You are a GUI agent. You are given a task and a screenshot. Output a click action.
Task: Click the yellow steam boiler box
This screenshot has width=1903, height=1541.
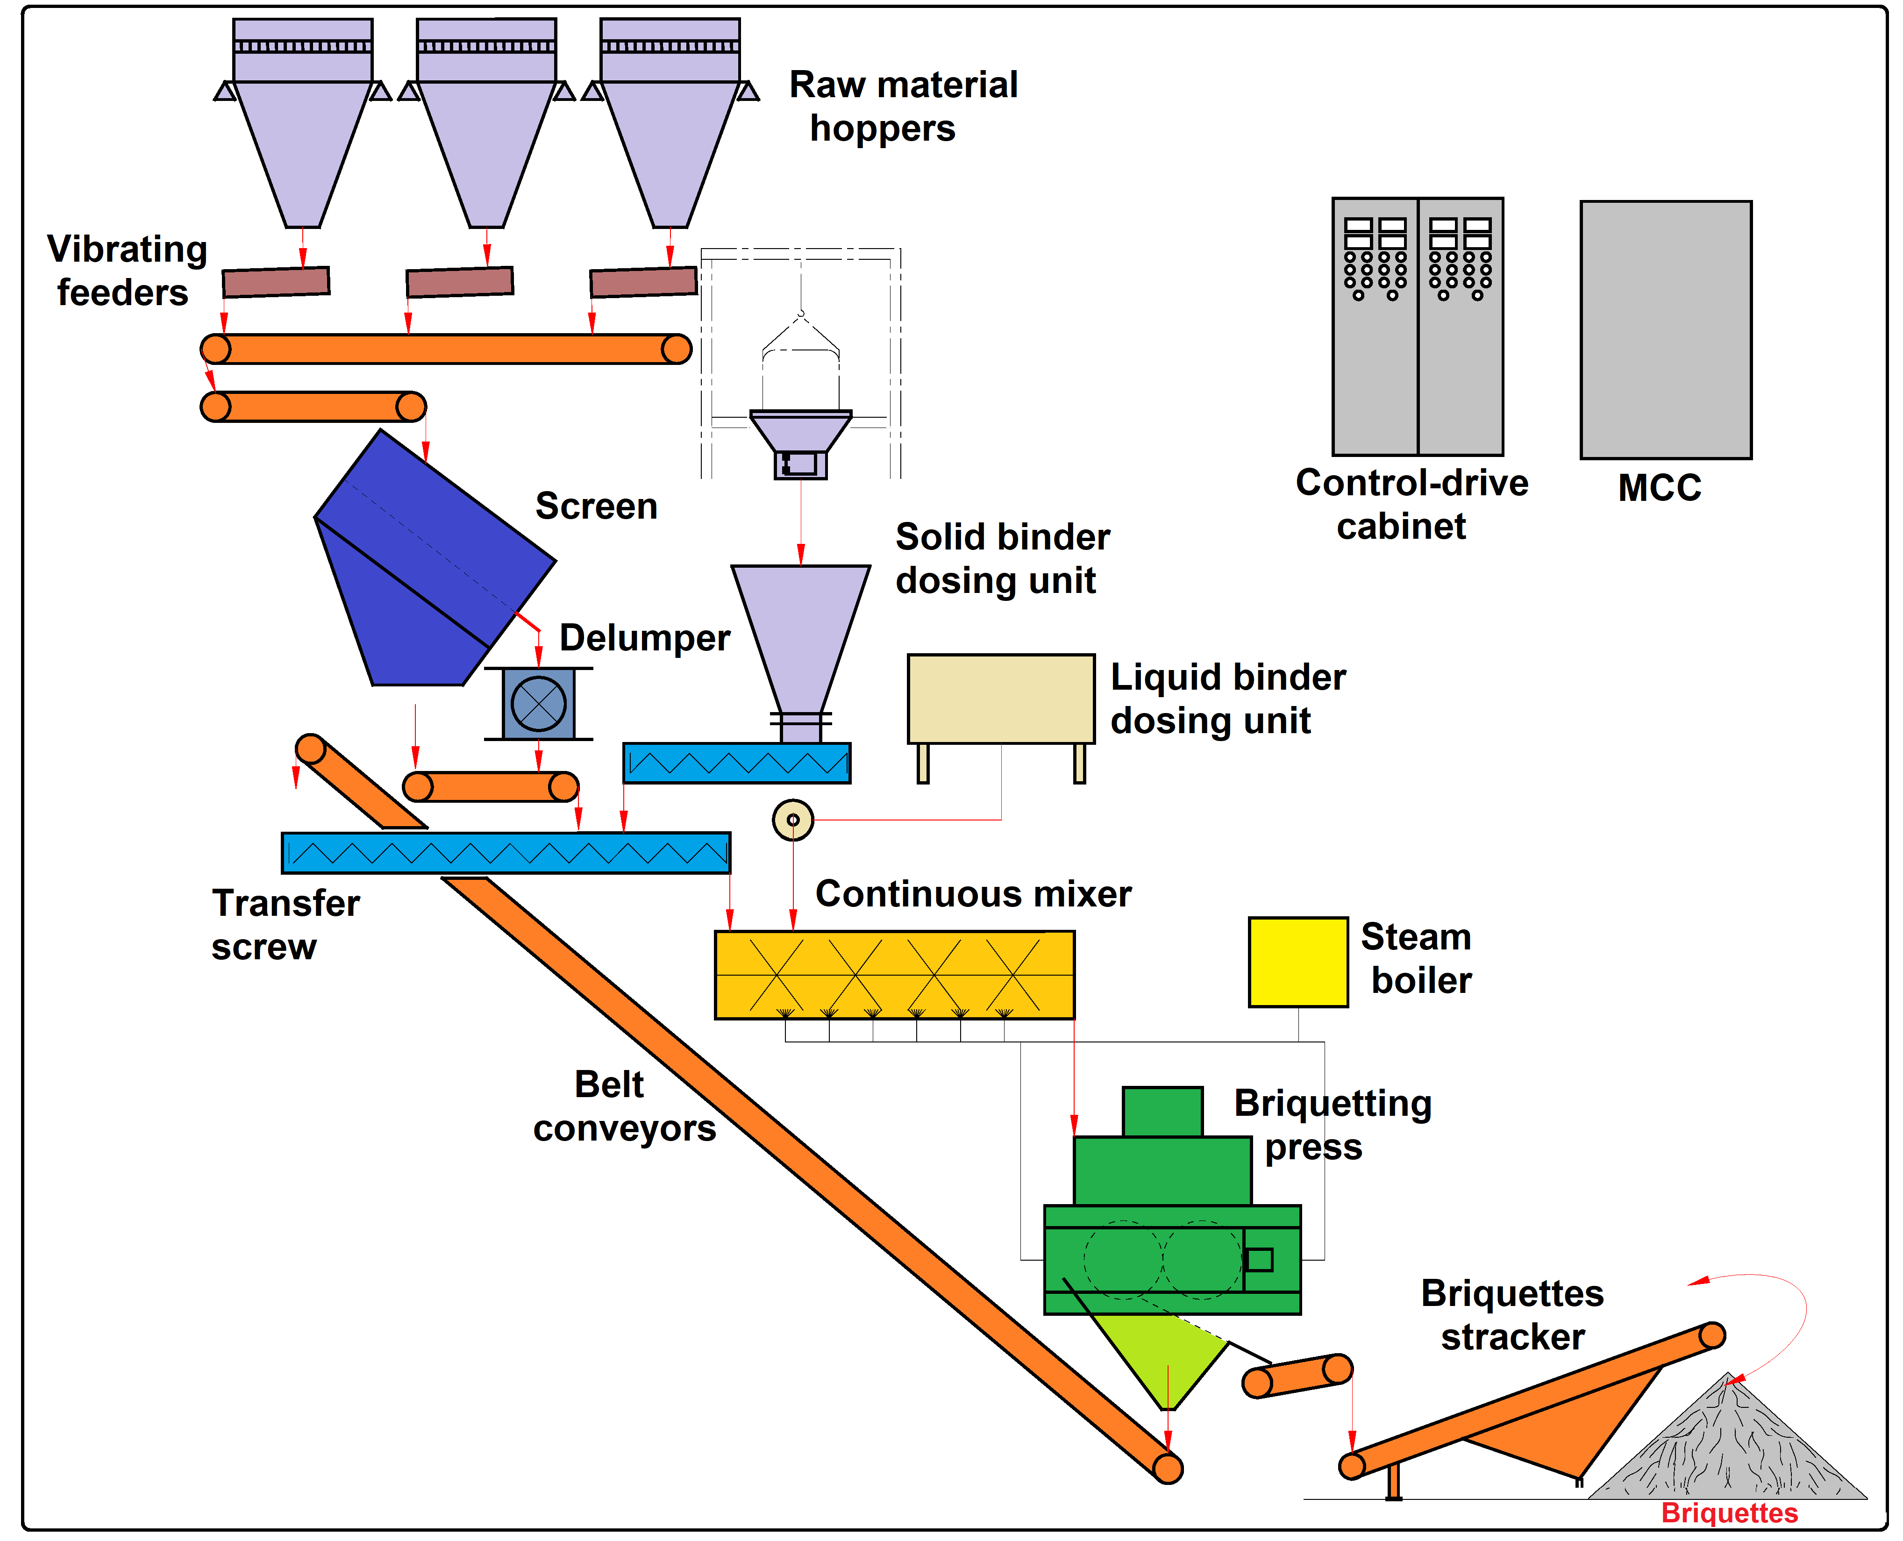[1297, 962]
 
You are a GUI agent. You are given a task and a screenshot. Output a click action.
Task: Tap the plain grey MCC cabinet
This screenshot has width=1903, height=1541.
[1666, 329]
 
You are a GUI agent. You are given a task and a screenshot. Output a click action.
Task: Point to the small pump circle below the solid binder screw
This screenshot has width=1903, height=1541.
[792, 819]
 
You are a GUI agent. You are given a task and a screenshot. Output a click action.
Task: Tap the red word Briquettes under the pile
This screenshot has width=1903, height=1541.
[1729, 1512]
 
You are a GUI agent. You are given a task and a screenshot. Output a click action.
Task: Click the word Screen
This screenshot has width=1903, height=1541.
[597, 506]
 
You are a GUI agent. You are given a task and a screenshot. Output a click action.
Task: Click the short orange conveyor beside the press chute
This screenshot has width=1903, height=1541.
[1297, 1376]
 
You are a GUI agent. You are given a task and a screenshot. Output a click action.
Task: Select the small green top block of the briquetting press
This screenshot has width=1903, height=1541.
[1163, 1112]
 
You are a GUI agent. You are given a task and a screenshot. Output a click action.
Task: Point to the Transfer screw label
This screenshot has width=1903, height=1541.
[285, 925]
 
